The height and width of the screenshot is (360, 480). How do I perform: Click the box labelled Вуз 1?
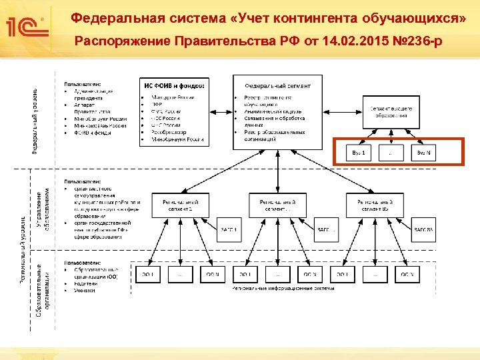point(359,153)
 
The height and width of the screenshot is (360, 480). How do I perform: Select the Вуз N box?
point(424,153)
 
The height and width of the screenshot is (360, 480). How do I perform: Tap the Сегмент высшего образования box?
point(391,111)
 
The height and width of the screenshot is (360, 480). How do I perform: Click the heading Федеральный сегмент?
point(277,86)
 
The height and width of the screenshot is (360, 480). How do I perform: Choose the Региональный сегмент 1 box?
point(180,205)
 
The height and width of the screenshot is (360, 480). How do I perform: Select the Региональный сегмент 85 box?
point(375,205)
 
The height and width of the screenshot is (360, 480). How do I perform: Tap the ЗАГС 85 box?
point(424,230)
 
